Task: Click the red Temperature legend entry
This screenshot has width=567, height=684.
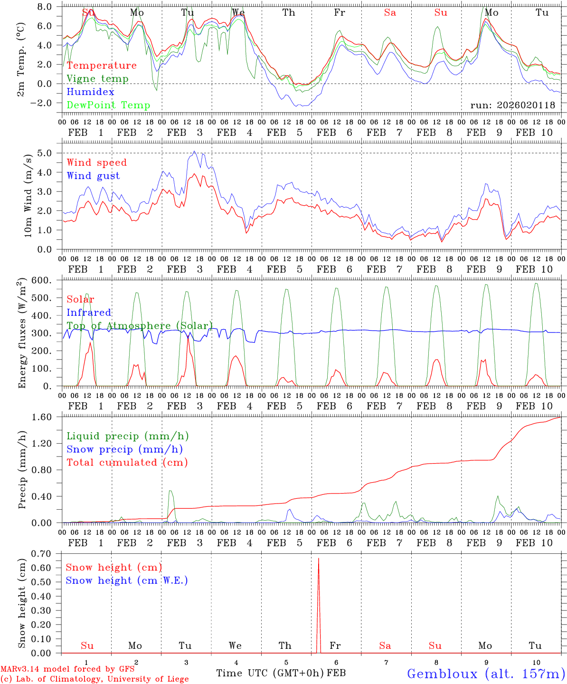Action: click(x=102, y=66)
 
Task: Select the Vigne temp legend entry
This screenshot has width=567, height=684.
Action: click(x=97, y=79)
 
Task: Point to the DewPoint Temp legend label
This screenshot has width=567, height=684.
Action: click(x=108, y=105)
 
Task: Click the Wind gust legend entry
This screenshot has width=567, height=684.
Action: click(x=93, y=176)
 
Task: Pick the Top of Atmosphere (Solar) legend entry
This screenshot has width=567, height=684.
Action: click(x=140, y=326)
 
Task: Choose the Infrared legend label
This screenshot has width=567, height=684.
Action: click(x=89, y=313)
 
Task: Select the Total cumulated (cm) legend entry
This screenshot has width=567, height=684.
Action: click(x=127, y=463)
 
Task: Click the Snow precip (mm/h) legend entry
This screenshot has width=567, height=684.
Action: click(x=124, y=449)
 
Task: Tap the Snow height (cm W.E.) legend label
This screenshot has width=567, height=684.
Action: click(x=126, y=580)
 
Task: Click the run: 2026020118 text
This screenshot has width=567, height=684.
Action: click(x=512, y=105)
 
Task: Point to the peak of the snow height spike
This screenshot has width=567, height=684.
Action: click(x=318, y=559)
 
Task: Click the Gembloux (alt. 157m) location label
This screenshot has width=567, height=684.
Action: click(x=486, y=674)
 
